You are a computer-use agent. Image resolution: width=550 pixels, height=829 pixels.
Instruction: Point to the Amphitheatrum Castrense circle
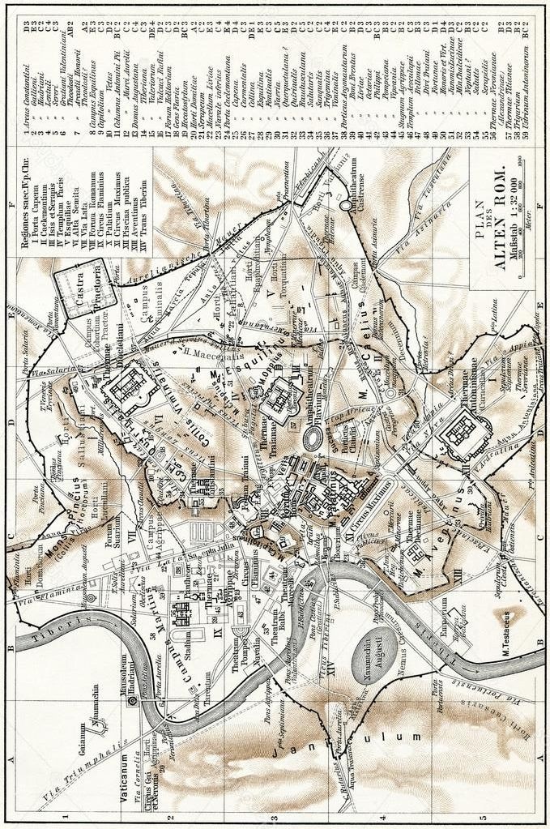[346, 206]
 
